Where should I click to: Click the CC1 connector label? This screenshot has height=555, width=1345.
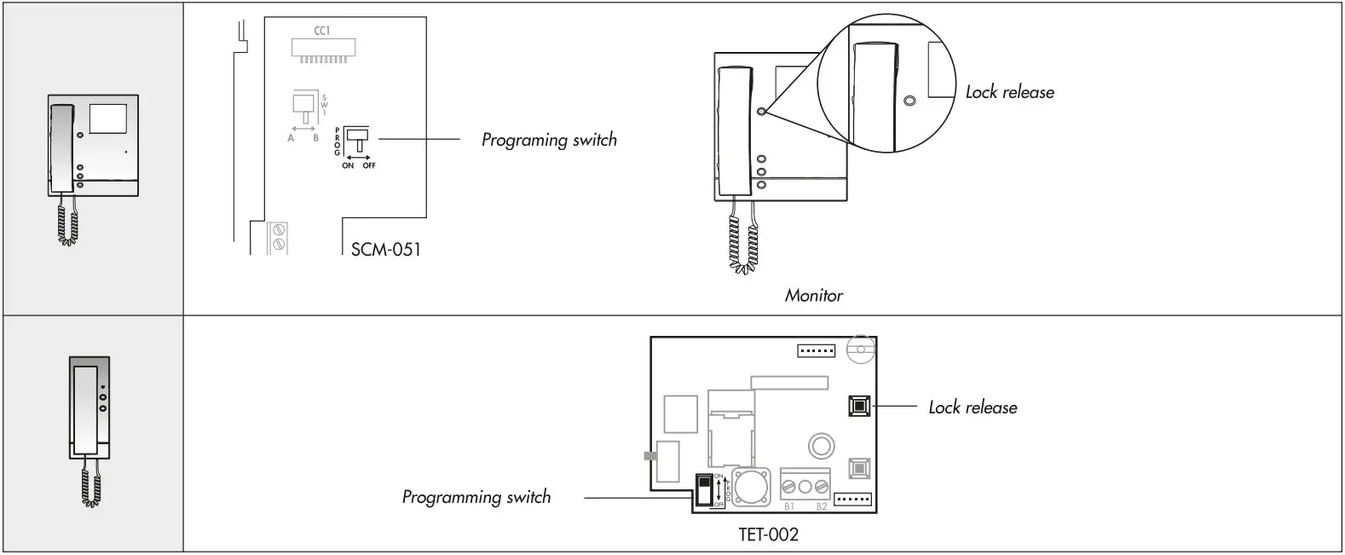tap(321, 32)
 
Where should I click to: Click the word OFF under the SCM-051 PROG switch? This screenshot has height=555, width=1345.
tap(368, 165)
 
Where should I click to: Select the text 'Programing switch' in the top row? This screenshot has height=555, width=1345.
tap(549, 140)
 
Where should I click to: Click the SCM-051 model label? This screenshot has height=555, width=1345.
tap(385, 250)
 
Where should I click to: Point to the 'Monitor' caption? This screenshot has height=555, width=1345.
tap(813, 296)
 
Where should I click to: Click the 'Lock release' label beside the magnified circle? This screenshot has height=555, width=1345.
tap(1009, 92)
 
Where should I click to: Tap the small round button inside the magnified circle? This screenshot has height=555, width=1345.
tap(909, 101)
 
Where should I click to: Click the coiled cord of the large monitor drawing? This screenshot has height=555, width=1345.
tap(741, 246)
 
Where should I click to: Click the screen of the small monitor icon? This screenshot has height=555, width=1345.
tap(107, 119)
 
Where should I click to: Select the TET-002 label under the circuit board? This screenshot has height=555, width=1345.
tap(768, 535)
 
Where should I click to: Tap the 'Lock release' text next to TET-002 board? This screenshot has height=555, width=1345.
tap(972, 408)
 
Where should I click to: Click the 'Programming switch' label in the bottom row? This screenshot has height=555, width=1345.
tap(476, 497)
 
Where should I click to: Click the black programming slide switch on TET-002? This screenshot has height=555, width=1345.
tap(703, 492)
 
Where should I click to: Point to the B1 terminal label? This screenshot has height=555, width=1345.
tap(789, 506)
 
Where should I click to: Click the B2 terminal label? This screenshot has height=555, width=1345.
tap(822, 506)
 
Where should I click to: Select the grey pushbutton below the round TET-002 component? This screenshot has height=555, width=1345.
tap(858, 467)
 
